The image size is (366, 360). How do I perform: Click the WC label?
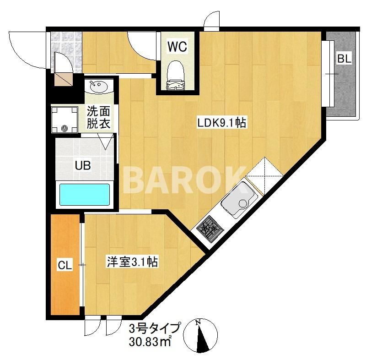coord(178,47)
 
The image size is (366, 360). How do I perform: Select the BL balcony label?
coord(344,59)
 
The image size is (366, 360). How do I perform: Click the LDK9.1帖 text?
coord(222,123)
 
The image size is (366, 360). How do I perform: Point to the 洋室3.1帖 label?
coord(132,262)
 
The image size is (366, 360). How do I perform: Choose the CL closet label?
coord(65,265)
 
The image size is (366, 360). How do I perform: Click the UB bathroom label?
coord(83,166)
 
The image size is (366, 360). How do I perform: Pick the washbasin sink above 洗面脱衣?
coord(99,87)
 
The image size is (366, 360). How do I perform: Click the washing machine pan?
coord(65,120)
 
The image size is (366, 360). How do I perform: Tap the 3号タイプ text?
coord(155,329)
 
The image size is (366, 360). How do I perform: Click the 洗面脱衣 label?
coord(98,118)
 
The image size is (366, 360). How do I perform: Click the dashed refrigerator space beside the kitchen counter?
coord(265,172)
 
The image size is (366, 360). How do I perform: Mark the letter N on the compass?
coord(199,322)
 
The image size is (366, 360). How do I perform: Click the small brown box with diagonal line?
coord(64,80)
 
